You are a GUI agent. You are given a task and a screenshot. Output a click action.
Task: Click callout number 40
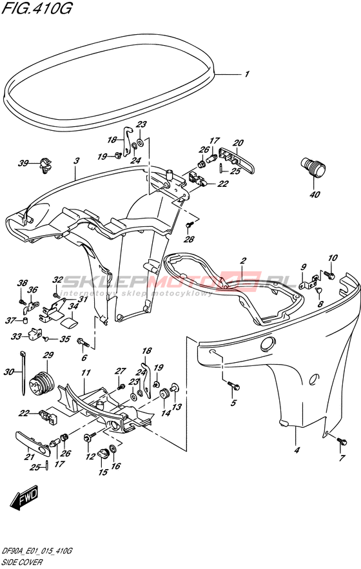tap(315, 195)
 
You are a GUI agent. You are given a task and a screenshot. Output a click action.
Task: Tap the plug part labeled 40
tap(313, 168)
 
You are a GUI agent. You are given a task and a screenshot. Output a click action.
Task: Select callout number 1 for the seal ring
tap(247, 74)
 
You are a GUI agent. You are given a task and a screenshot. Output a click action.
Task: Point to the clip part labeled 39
tap(45, 165)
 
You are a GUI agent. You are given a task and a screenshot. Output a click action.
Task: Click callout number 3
tap(76, 160)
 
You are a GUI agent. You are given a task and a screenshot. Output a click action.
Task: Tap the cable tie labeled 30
tap(23, 372)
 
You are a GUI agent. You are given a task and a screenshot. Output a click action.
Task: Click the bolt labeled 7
tap(342, 441)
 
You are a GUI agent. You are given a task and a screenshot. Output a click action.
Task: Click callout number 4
tap(297, 450)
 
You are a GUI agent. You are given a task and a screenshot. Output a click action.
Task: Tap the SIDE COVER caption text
tap(22, 563)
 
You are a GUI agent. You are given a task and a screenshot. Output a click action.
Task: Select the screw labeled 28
tap(188, 226)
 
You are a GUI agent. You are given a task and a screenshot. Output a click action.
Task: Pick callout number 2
tap(243, 260)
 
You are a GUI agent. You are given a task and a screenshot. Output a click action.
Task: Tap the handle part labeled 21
tap(33, 440)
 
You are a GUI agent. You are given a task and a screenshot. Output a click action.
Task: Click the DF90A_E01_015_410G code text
tap(37, 552)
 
